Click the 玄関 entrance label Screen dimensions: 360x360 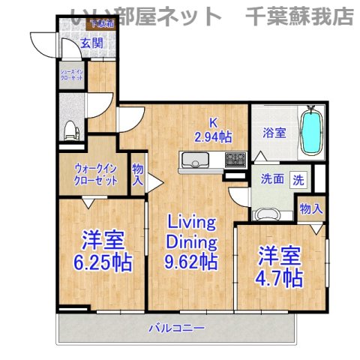[x=73, y=42]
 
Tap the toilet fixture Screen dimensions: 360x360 [x=70, y=130]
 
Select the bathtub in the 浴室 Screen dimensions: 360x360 [x=311, y=131]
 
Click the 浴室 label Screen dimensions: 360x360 [x=274, y=133]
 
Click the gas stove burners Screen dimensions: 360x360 [x=235, y=158]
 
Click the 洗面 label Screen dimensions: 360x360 [x=272, y=180]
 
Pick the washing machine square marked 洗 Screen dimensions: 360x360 [x=298, y=180]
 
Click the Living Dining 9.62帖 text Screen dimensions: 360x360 [x=191, y=242]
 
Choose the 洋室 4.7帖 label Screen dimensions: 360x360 [x=280, y=266]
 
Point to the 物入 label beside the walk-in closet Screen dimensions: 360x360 [x=138, y=175]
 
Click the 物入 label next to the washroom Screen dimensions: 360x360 [x=310, y=208]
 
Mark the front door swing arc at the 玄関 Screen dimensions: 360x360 [x=46, y=45]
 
